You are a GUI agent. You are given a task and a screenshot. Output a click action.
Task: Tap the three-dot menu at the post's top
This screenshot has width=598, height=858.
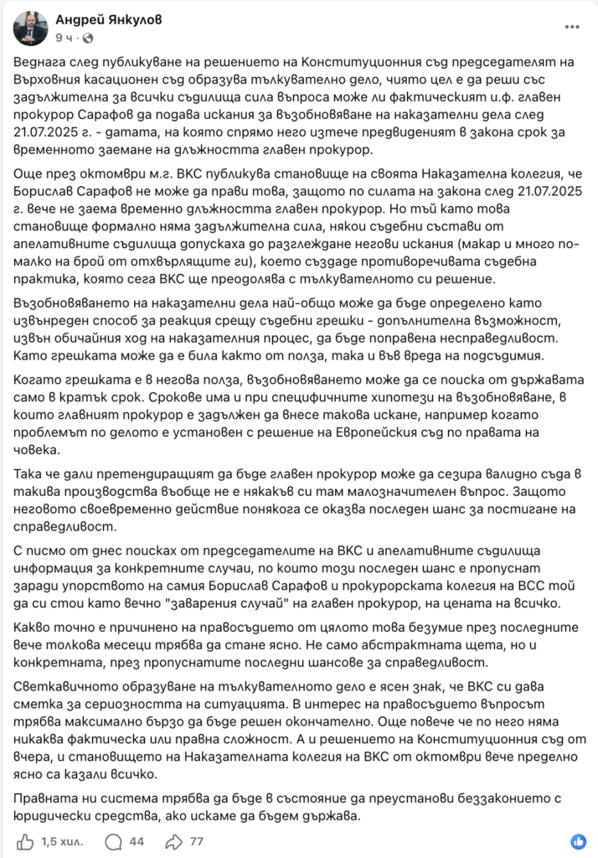click(571, 27)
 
